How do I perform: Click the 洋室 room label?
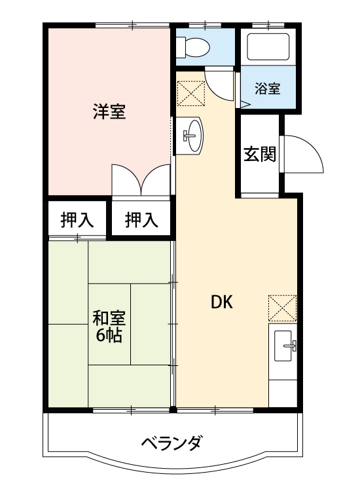pos(109,111)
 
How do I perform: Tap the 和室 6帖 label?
pos(109,327)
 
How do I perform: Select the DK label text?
pos(221,302)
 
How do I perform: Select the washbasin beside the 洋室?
pos(191,136)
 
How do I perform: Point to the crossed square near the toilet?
pos(191,93)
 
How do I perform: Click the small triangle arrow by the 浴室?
pos(245,103)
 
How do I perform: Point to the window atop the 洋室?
pos(131,26)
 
